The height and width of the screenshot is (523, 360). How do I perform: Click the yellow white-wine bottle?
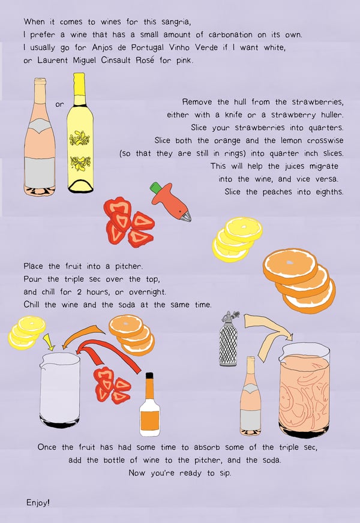pyautogui.click(x=80, y=133)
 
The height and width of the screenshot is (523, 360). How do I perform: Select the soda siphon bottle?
pyautogui.click(x=229, y=338)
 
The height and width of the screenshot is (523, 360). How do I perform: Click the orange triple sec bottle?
pyautogui.click(x=149, y=405)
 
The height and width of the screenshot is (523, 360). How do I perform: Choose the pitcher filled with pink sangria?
pyautogui.click(x=304, y=390)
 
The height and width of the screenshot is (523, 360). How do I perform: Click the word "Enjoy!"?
pyautogui.click(x=38, y=503)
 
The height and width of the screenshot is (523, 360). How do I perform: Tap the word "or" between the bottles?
pyautogui.click(x=59, y=104)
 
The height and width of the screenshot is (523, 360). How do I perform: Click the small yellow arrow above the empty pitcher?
pyautogui.click(x=49, y=342)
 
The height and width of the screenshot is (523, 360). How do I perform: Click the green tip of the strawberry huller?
pyautogui.click(x=155, y=188)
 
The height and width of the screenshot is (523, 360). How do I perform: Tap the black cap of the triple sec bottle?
pyautogui.click(x=149, y=375)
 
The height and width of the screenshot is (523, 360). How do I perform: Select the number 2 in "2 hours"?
pyautogui.click(x=79, y=292)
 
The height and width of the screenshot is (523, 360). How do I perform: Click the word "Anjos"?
pyautogui.click(x=103, y=47)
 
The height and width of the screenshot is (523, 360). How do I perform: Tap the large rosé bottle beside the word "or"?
pyautogui.click(x=40, y=137)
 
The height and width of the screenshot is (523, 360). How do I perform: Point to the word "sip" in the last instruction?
pyautogui.click(x=225, y=473)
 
